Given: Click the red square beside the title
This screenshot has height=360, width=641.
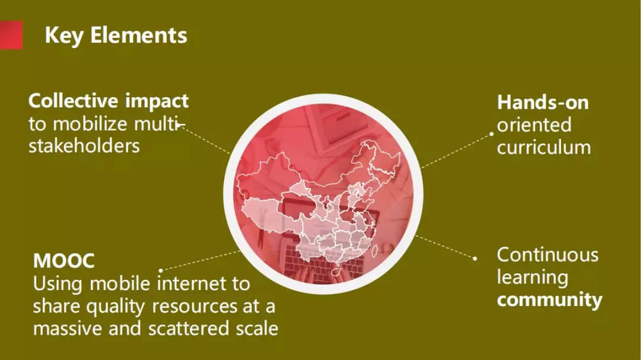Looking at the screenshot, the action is tap(11, 35).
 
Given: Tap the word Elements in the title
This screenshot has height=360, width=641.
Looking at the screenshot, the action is tap(138, 35).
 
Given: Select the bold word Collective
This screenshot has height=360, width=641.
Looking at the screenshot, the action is tap(74, 100).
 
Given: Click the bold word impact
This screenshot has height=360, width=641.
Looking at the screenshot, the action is tap(157, 102).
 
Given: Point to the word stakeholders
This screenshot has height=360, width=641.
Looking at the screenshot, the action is tap(84, 146).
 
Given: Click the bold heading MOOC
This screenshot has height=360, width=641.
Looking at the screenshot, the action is tap(64, 261).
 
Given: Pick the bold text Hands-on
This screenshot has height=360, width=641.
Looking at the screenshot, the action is tap(543, 102).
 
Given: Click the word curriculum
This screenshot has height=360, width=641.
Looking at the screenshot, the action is tap(544, 148).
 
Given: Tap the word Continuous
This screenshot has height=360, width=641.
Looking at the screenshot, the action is tap(548, 255).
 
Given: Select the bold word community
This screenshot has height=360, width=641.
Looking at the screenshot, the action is tap(550, 300).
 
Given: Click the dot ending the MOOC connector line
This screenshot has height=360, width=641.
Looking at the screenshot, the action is tap(161, 270).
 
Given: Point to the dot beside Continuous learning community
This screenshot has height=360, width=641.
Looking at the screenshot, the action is tap(475, 258).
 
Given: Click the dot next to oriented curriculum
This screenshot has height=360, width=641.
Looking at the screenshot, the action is tap(492, 133).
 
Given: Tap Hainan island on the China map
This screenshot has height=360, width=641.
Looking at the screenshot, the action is tap(337, 272).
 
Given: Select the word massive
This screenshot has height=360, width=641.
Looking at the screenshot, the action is tap(68, 329).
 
